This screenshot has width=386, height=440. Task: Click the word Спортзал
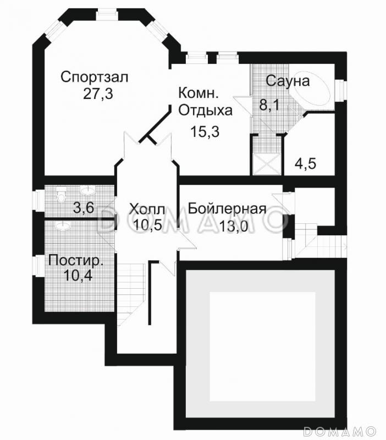click(x=94, y=77)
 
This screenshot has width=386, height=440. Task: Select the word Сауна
click(x=288, y=81)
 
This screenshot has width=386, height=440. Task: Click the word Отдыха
click(x=206, y=110)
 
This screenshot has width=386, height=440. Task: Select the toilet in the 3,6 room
click(x=61, y=194)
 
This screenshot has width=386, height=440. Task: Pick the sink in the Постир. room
click(x=62, y=226)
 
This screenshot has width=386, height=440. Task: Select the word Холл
click(x=147, y=209)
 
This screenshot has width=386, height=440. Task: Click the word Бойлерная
click(x=227, y=209)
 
